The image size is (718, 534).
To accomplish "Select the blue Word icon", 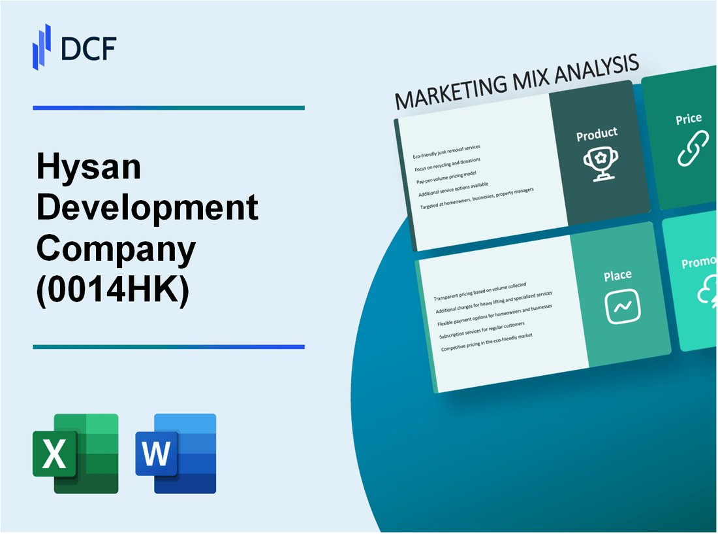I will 176,453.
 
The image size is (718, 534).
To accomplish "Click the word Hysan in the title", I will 89,168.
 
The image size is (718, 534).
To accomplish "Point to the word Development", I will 148,208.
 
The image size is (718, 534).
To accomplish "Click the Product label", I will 597,134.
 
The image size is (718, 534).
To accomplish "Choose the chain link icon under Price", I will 692,149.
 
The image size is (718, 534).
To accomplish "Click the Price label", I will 689,119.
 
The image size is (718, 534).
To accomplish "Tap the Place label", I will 617,276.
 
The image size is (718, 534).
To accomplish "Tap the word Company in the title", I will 116,248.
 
